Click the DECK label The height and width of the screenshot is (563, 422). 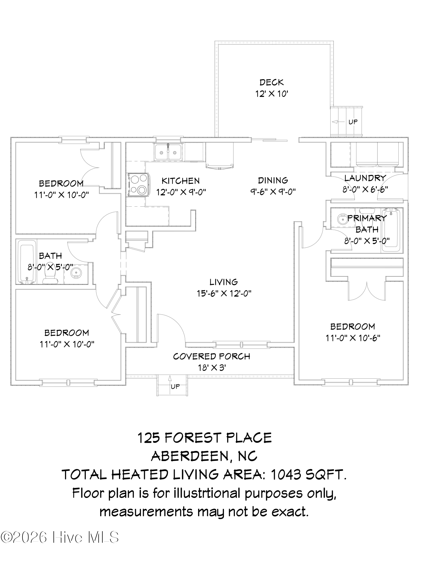[x=272, y=82]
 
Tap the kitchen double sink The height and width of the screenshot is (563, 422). [x=168, y=152]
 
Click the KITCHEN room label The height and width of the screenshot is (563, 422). [x=181, y=180]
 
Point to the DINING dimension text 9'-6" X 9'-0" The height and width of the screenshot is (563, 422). [x=273, y=192]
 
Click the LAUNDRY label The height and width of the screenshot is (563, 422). [x=365, y=178]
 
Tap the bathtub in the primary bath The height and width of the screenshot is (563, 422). [x=391, y=230]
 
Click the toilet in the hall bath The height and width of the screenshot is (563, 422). [x=50, y=274]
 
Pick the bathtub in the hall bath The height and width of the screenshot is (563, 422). [x=27, y=262]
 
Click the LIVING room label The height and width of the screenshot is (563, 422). [x=224, y=282]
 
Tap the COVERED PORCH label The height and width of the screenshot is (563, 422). [x=212, y=356]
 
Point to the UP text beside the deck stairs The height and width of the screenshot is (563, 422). [x=353, y=122]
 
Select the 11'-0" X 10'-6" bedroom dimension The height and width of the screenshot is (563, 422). [x=353, y=338]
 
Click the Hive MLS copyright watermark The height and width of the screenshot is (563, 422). [x=59, y=537]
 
